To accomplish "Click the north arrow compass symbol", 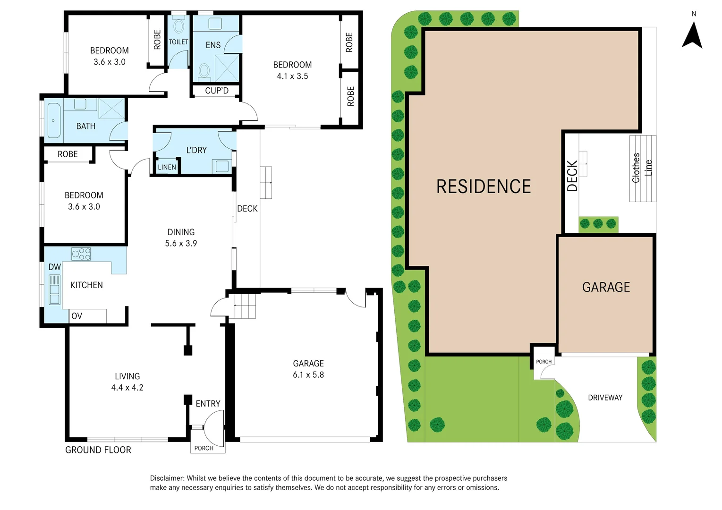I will tap(692, 36).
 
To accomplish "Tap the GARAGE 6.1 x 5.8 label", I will tap(308, 369).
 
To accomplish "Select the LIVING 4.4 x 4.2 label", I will tap(127, 382).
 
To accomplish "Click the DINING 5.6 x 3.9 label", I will tap(181, 238).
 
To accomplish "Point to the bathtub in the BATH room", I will tap(54, 120).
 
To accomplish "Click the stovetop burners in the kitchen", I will tap(81, 254).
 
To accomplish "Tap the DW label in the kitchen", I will tap(55, 267).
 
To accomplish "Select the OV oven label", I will tap(76, 316).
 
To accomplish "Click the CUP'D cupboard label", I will tap(217, 91).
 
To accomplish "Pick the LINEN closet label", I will tap(167, 167).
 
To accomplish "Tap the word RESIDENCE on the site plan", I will tap(484, 187).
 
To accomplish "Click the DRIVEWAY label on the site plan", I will tap(605, 398).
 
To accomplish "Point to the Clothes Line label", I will tap(642, 168).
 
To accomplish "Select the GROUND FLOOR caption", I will tap(98, 450).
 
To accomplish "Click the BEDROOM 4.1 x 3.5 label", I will tap(292, 70).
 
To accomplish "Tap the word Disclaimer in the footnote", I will tap(167, 478).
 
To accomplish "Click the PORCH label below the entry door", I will tap(204, 448).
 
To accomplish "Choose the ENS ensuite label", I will tap(213, 45).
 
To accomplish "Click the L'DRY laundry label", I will tap(196, 150).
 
